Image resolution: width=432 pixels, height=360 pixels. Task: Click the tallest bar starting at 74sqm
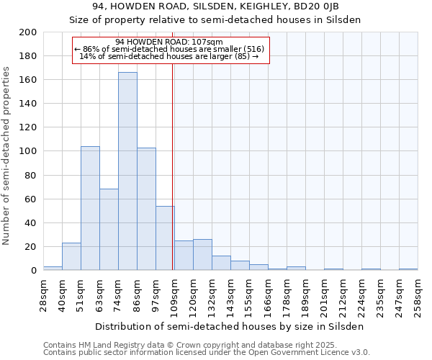click(x=127, y=171)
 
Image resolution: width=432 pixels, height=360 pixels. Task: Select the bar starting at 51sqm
click(x=90, y=208)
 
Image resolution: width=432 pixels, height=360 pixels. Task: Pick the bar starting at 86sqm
click(x=146, y=209)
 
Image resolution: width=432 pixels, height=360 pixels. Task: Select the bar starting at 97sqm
click(x=165, y=238)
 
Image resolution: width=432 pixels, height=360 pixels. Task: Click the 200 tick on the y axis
click(x=29, y=32)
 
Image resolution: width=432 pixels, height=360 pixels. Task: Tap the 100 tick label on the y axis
click(x=29, y=151)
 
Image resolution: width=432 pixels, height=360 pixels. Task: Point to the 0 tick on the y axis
click(x=34, y=271)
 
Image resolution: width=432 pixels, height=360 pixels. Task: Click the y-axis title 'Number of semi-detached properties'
click(x=7, y=156)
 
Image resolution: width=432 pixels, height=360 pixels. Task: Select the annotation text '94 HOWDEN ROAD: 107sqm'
click(x=169, y=42)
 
